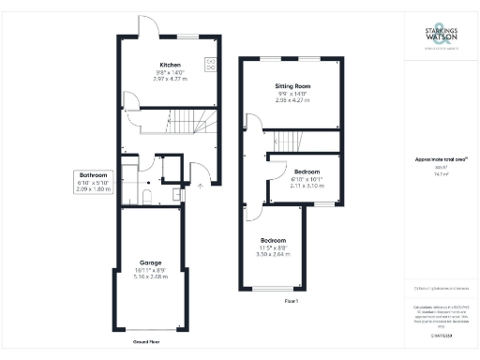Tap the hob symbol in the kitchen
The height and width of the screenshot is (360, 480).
tap(210, 65)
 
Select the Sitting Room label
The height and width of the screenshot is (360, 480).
tap(292, 86)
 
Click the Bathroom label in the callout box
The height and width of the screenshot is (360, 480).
tap(93, 175)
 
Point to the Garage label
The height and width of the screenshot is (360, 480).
tap(150, 262)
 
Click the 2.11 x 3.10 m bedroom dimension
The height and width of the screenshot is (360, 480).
tap(307, 186)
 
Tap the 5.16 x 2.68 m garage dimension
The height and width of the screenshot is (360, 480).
tap(150, 277)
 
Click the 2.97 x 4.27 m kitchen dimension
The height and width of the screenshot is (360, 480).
tap(169, 79)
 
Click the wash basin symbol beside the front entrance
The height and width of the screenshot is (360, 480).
tap(177, 195)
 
